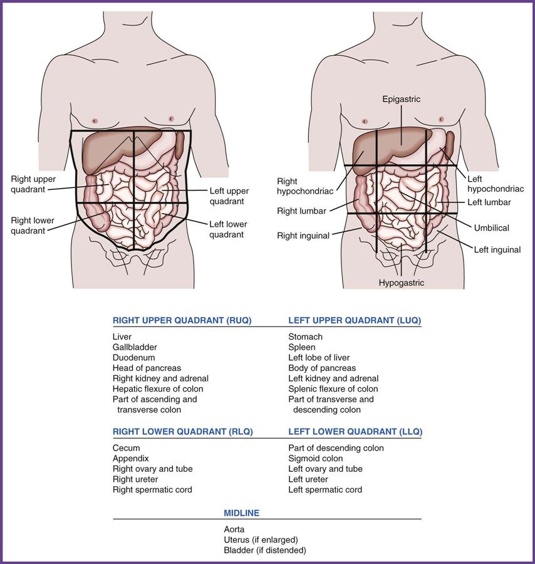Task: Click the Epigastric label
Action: click(402, 99)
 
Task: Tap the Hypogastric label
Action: click(402, 283)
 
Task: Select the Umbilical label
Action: click(492, 228)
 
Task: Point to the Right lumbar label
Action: click(301, 211)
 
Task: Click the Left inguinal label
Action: click(497, 249)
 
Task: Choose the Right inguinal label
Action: click(303, 236)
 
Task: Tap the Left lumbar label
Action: click(489, 202)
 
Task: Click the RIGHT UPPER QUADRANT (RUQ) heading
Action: click(182, 320)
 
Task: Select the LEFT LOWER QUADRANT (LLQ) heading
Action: click(355, 432)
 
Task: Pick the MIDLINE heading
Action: click(242, 513)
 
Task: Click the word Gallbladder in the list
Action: click(135, 347)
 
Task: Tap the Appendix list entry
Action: click(130, 459)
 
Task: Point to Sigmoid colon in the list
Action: click(316, 459)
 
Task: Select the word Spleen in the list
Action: click(302, 347)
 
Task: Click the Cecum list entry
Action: click(127, 448)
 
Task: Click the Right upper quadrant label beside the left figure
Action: click(33, 184)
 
